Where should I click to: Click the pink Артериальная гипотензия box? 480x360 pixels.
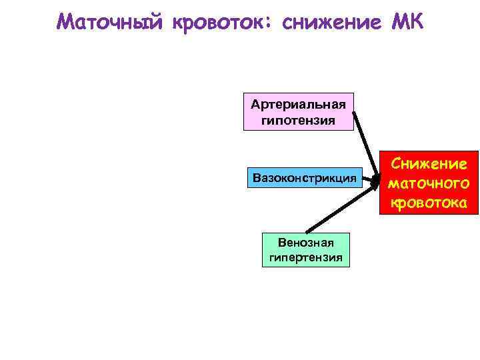tap(298, 111)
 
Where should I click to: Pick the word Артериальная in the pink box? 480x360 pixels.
tap(298, 104)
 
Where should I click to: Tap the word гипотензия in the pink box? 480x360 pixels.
tap(298, 121)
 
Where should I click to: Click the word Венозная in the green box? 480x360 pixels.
tap(306, 241)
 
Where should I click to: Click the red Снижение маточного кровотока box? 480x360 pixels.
tap(429, 182)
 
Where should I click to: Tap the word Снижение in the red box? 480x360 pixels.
tap(429, 163)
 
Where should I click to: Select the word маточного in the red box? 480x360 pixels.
tap(429, 182)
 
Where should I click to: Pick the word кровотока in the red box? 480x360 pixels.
tap(429, 201)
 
